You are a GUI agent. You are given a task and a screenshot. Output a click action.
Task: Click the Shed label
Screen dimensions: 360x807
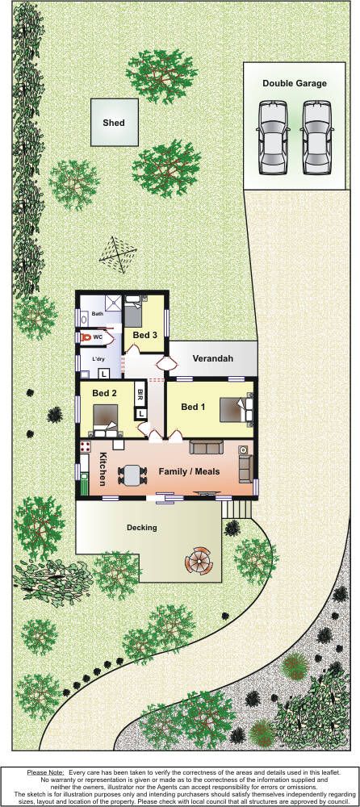[x=113, y=123]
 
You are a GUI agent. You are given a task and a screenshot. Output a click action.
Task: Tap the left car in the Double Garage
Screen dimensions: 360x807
[x=272, y=136]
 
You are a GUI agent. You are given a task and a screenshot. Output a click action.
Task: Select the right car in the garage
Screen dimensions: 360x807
[x=316, y=136]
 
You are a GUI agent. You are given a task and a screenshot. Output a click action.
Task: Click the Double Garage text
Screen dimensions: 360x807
[x=294, y=83]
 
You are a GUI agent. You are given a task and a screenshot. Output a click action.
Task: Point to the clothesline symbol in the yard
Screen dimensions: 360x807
[x=118, y=255]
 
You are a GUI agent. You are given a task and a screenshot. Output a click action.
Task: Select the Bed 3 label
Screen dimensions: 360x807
[x=144, y=335]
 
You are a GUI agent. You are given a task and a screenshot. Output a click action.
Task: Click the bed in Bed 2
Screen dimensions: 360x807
[x=106, y=420]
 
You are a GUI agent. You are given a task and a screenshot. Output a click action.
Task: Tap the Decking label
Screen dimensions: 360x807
[x=141, y=528]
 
